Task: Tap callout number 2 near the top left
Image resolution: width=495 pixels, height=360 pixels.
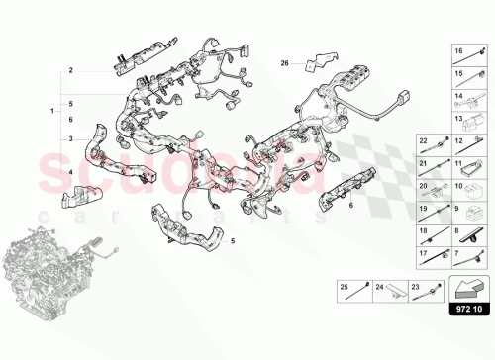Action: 71,71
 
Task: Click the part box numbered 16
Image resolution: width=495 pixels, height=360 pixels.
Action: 469,55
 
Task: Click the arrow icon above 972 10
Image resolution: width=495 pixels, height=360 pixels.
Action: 469,288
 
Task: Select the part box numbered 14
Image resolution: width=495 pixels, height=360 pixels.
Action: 469,99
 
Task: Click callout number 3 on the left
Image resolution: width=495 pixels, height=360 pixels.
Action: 71,139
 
